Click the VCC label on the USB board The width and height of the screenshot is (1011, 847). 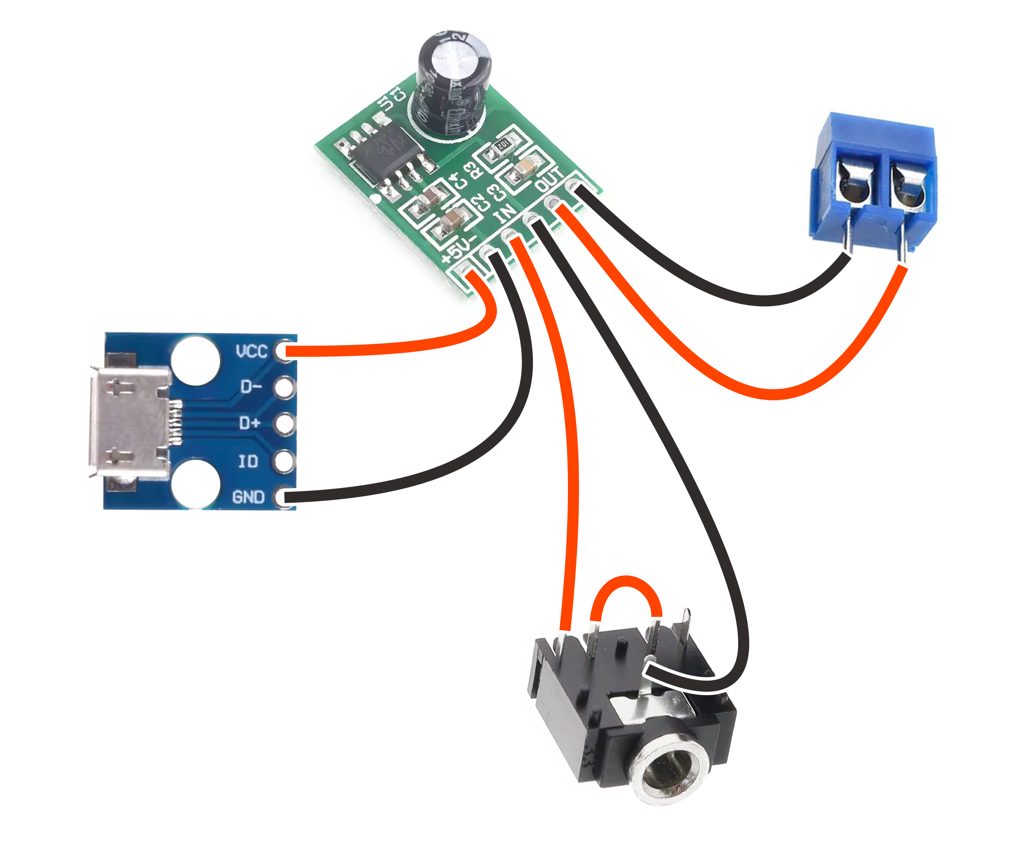point(251,352)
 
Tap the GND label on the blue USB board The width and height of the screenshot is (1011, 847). point(248,498)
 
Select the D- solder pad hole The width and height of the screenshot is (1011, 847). point(284,387)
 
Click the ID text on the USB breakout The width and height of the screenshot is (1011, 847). point(248,462)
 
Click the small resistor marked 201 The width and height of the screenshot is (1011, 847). point(503,145)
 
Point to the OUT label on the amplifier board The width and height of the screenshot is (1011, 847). point(549,179)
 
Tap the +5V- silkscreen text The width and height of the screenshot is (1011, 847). point(460,249)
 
